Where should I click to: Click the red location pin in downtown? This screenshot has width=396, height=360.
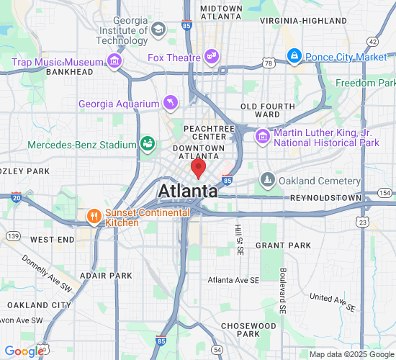pyautogui.click(x=198, y=168)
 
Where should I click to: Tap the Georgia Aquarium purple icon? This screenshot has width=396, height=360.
pyautogui.click(x=170, y=104)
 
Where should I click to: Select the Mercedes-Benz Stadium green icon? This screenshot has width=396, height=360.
pyautogui.click(x=148, y=144)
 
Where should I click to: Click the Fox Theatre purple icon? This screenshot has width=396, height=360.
pyautogui.click(x=211, y=55)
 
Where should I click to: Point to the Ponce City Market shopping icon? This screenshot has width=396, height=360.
pyautogui.click(x=294, y=55)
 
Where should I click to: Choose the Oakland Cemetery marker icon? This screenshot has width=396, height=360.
pyautogui.click(x=268, y=179)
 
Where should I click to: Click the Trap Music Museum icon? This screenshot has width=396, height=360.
pyautogui.click(x=114, y=62)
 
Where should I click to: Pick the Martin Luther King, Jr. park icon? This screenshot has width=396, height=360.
pyautogui.click(x=262, y=135)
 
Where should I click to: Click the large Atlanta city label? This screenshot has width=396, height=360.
pyautogui.click(x=188, y=192)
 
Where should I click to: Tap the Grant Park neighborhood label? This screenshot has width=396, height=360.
pyautogui.click(x=283, y=246)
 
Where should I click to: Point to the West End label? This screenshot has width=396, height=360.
pyautogui.click(x=53, y=239)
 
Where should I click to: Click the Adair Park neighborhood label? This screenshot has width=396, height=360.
pyautogui.click(x=106, y=275)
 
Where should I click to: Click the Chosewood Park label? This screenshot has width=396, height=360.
pyautogui.click(x=248, y=330)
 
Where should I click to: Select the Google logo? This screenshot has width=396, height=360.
pyautogui.click(x=24, y=351)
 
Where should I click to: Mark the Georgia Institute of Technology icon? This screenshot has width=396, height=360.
pyautogui.click(x=158, y=29)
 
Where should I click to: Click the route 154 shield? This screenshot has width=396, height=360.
pyautogui.click(x=385, y=193)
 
